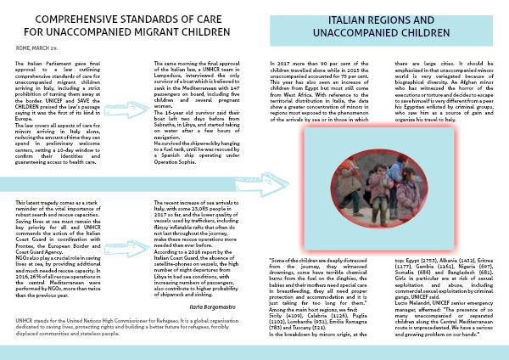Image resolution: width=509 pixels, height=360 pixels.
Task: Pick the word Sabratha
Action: (x=171, y=129)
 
